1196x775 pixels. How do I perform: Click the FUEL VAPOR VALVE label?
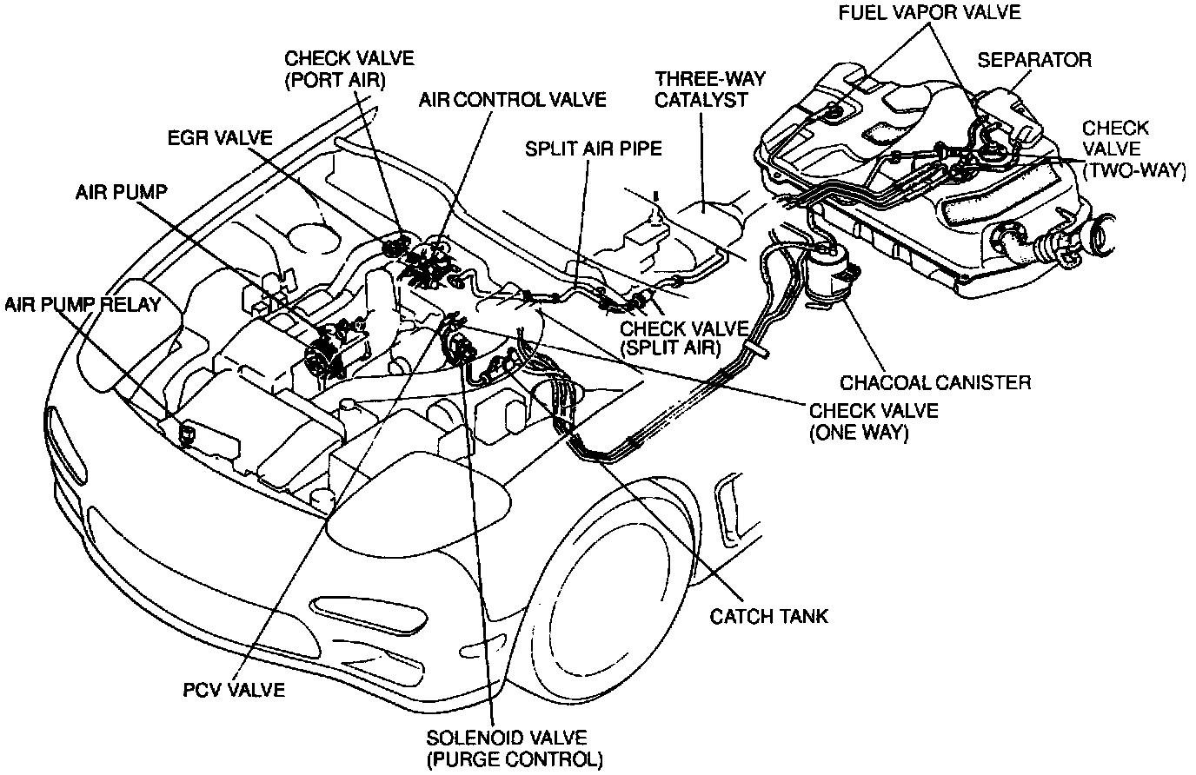coord(929,13)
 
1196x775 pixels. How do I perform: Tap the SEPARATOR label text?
coord(1034,60)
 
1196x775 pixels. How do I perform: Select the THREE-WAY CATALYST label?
coord(710,89)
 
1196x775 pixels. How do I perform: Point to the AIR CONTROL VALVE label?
coord(512,99)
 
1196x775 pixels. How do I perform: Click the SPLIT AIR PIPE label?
coord(593,149)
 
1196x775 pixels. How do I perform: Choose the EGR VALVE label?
coord(221,138)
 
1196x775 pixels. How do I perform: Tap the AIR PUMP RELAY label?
coord(83,304)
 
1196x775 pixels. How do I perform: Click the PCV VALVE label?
coord(234,691)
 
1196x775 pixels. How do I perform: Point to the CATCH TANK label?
coord(769,616)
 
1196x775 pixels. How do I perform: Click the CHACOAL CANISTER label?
coord(935,382)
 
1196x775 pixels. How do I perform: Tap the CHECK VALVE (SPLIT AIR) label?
coord(683,338)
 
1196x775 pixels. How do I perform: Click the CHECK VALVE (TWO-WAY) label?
coord(1132,149)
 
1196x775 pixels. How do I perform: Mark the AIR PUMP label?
coord(121,192)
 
